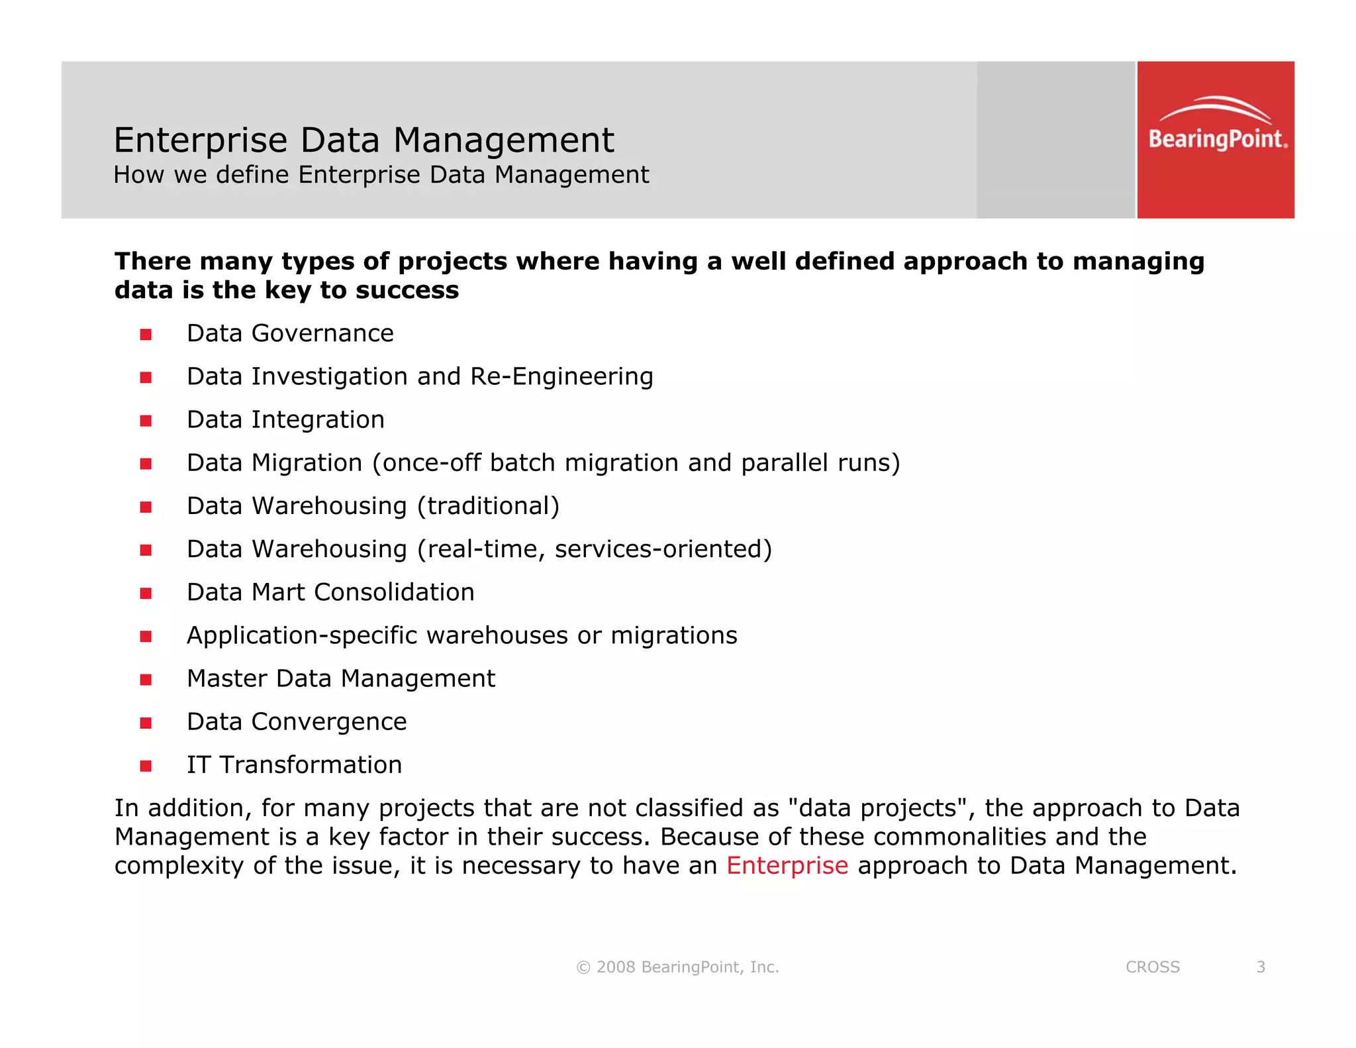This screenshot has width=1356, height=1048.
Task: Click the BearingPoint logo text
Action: coord(1217,139)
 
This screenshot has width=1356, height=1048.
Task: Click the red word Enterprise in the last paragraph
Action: coord(787,866)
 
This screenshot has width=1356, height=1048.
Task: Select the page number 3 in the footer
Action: coord(1261,967)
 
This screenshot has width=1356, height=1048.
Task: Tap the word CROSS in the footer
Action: coord(1152,967)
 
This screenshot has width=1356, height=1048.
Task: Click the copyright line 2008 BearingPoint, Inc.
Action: coord(678,967)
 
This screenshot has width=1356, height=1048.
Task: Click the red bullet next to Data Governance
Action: coord(146,335)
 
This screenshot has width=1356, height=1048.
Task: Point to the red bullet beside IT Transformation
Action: coord(146,766)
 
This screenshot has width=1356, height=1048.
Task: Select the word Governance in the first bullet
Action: coord(322,333)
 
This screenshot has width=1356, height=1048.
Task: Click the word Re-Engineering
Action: coord(561,377)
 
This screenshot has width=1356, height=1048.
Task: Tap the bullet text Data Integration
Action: coord(285,420)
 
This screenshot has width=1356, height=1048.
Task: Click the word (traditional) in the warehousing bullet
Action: coord(488,506)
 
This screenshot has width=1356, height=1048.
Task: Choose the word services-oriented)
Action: coord(663,549)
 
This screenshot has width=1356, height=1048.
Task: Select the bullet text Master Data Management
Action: coord(341,679)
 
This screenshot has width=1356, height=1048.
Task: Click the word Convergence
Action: coord(329,722)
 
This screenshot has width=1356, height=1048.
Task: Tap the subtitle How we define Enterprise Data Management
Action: coord(381,175)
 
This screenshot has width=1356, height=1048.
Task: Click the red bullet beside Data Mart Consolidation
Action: coord(146,594)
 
